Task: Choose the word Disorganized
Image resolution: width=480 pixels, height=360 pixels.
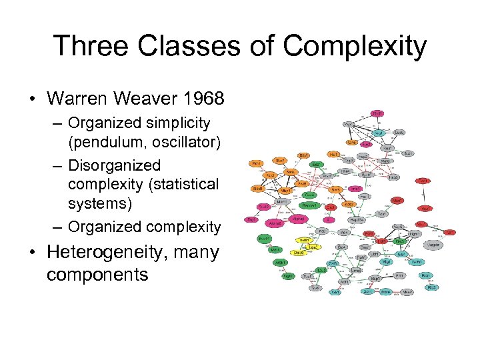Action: (x=114, y=165)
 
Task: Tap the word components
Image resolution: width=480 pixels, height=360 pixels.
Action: (x=97, y=274)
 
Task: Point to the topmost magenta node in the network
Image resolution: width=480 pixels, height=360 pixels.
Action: (x=377, y=114)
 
